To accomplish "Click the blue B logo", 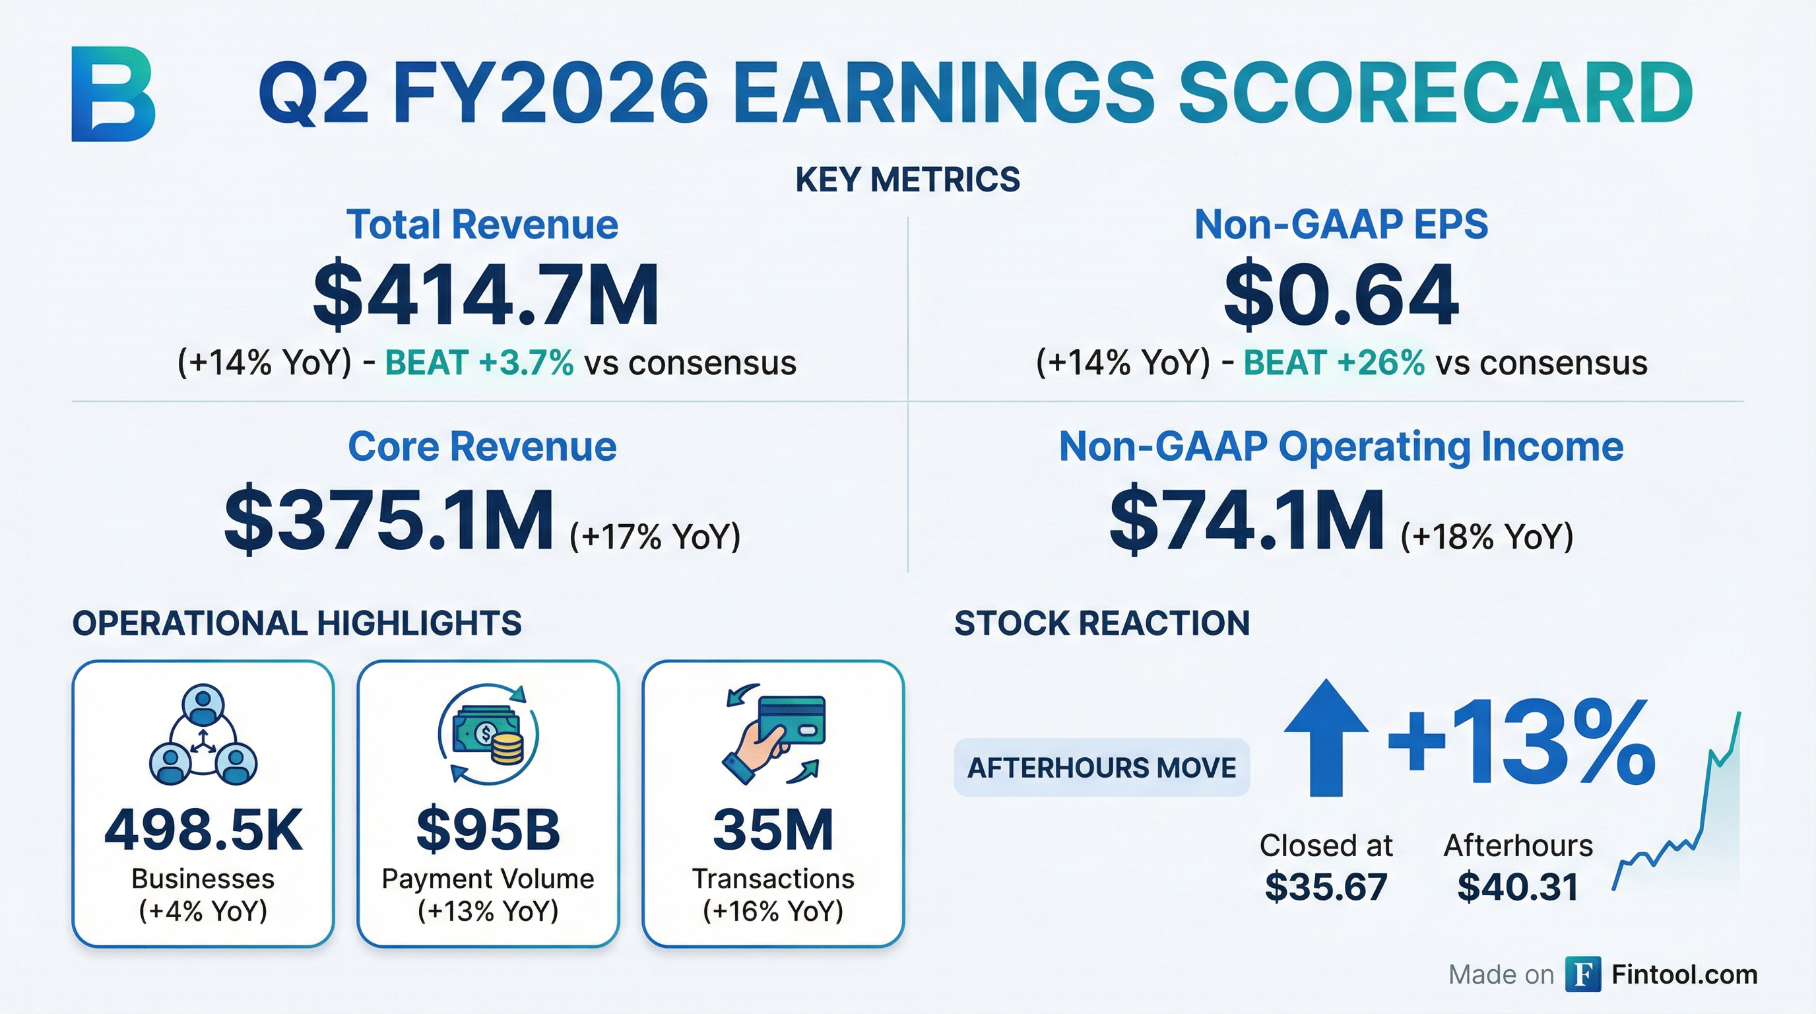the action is [113, 94].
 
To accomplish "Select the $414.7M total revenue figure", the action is [486, 294].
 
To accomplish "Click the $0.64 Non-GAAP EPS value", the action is [1341, 294].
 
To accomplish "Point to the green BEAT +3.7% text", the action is [479, 363].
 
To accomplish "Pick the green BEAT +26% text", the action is [1334, 363].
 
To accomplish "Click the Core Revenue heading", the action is [482, 446].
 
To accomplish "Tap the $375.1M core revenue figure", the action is [389, 520].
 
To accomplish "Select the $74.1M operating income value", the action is [1247, 520].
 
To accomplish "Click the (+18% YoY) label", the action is [1487, 537].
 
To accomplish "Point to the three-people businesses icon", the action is [203, 734].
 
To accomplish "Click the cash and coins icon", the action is [488, 733].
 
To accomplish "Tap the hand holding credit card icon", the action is [774, 733].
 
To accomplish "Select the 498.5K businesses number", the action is [203, 830].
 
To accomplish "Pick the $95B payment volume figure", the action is [488, 830].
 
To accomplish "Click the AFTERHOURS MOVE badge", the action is [1101, 767].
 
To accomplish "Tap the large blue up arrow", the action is [1326, 737].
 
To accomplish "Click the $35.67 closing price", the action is [1326, 887].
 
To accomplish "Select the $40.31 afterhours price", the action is [1518, 887].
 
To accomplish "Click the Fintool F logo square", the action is [1582, 974].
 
